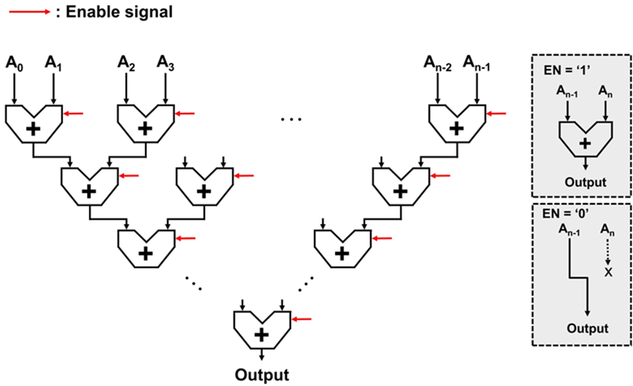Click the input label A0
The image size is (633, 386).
(x=14, y=64)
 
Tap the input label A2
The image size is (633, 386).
(x=126, y=63)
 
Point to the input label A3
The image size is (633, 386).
(x=165, y=63)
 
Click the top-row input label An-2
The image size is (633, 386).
(x=437, y=64)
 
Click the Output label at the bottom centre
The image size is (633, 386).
(x=262, y=375)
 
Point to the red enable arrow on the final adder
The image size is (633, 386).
(x=302, y=319)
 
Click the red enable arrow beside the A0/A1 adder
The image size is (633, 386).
(x=73, y=114)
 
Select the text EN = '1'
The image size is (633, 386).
(x=566, y=70)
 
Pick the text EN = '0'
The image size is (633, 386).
(x=565, y=214)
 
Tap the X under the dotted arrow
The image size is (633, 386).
(x=608, y=272)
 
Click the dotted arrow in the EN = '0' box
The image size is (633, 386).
(x=608, y=252)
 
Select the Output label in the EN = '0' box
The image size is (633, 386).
(x=587, y=328)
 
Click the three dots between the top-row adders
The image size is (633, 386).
(x=291, y=119)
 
